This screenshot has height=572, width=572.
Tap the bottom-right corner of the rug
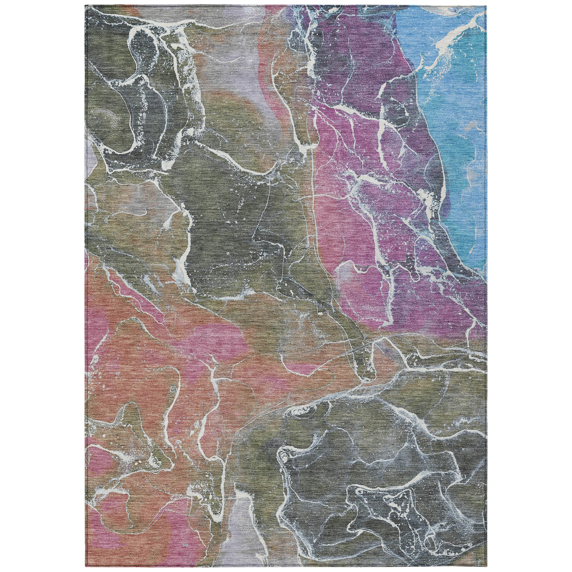486,567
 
